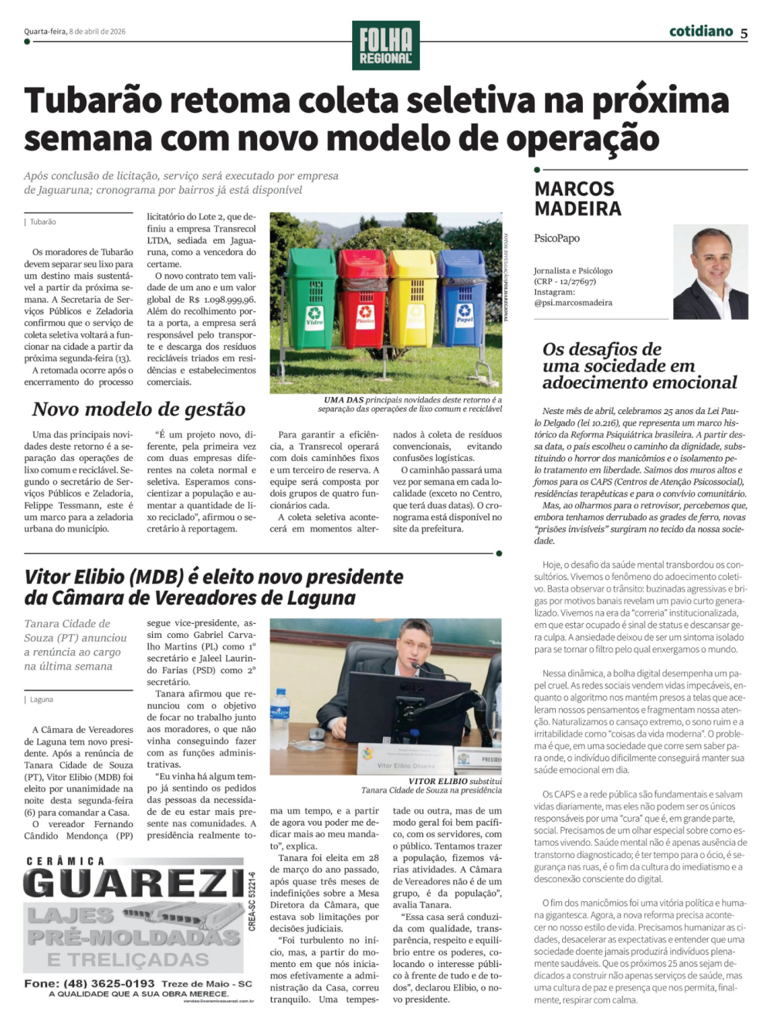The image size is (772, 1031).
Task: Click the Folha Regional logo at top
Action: (x=385, y=46)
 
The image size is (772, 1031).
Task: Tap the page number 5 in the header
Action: (x=743, y=33)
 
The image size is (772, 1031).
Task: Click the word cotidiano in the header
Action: (x=701, y=32)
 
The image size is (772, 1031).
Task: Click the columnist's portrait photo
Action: (x=710, y=272)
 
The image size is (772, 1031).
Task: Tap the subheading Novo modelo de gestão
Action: (x=139, y=409)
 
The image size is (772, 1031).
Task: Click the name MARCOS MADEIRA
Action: (x=577, y=198)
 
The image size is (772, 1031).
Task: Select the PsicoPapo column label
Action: (x=557, y=239)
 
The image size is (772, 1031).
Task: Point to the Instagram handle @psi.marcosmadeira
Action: (x=573, y=303)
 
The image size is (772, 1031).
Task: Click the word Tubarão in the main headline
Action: (x=94, y=101)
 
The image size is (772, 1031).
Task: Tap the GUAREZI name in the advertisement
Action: (x=134, y=883)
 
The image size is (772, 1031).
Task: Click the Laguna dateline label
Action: (x=42, y=700)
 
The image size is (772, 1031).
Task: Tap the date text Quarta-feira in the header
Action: (x=45, y=32)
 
